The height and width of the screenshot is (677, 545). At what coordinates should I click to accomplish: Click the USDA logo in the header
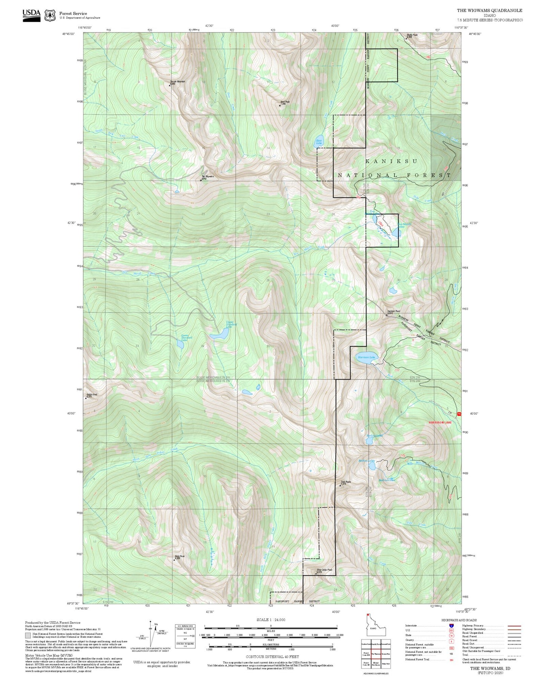(x=31, y=15)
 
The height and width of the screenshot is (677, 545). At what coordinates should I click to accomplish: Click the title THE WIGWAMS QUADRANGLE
(x=490, y=11)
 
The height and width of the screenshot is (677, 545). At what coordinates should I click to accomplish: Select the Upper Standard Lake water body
(x=220, y=334)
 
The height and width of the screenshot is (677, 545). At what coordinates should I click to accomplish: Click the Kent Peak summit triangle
(x=280, y=105)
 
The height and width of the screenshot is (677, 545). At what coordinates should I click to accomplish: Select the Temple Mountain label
(x=177, y=82)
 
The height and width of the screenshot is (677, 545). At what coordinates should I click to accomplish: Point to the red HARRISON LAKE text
(x=440, y=422)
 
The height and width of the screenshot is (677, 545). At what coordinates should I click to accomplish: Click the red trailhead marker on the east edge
(x=459, y=414)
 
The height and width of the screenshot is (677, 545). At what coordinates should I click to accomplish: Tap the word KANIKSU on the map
(x=391, y=161)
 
